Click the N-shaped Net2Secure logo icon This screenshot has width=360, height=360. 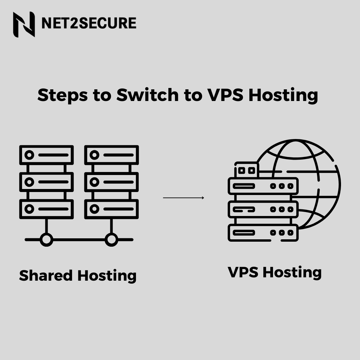(24, 24)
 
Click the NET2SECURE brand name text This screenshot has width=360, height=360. (89, 24)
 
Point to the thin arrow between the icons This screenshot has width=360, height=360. (183, 198)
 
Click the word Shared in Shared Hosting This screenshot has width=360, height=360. (46, 276)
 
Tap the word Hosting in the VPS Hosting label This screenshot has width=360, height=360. (292, 272)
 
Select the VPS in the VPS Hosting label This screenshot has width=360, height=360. (244, 272)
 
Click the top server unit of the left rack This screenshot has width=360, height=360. (46, 155)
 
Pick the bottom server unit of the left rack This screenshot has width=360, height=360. (46, 209)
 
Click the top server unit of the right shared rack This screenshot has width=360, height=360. (111, 155)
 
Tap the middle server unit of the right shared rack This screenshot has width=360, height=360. (111, 182)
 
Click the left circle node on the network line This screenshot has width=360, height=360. (46, 239)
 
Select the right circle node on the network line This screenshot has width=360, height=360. (111, 239)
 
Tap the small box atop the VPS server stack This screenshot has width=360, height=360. (247, 170)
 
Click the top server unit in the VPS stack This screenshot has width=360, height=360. (263, 186)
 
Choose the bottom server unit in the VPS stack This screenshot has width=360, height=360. (263, 232)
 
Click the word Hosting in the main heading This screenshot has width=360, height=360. (283, 95)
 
